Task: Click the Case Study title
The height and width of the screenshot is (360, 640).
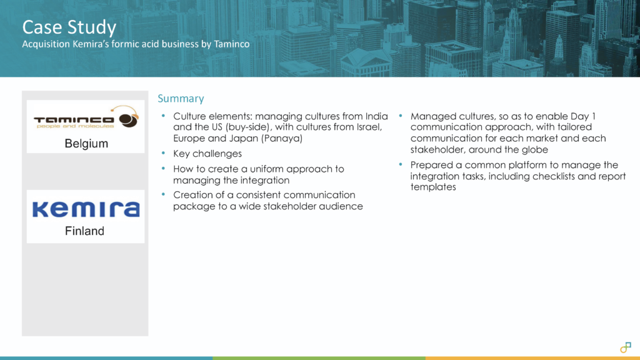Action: click(x=69, y=27)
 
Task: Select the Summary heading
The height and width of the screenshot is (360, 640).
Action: click(x=181, y=99)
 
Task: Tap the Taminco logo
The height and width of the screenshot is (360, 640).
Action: click(x=85, y=119)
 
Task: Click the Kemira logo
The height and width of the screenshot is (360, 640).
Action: click(x=85, y=209)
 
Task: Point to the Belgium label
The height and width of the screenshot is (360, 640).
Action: click(x=86, y=144)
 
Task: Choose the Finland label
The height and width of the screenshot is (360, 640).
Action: click(x=85, y=231)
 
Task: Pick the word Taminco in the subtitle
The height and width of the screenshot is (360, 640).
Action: click(x=230, y=44)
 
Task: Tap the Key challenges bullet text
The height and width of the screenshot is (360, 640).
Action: click(x=207, y=154)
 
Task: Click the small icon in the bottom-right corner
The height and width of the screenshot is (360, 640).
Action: click(x=625, y=347)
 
